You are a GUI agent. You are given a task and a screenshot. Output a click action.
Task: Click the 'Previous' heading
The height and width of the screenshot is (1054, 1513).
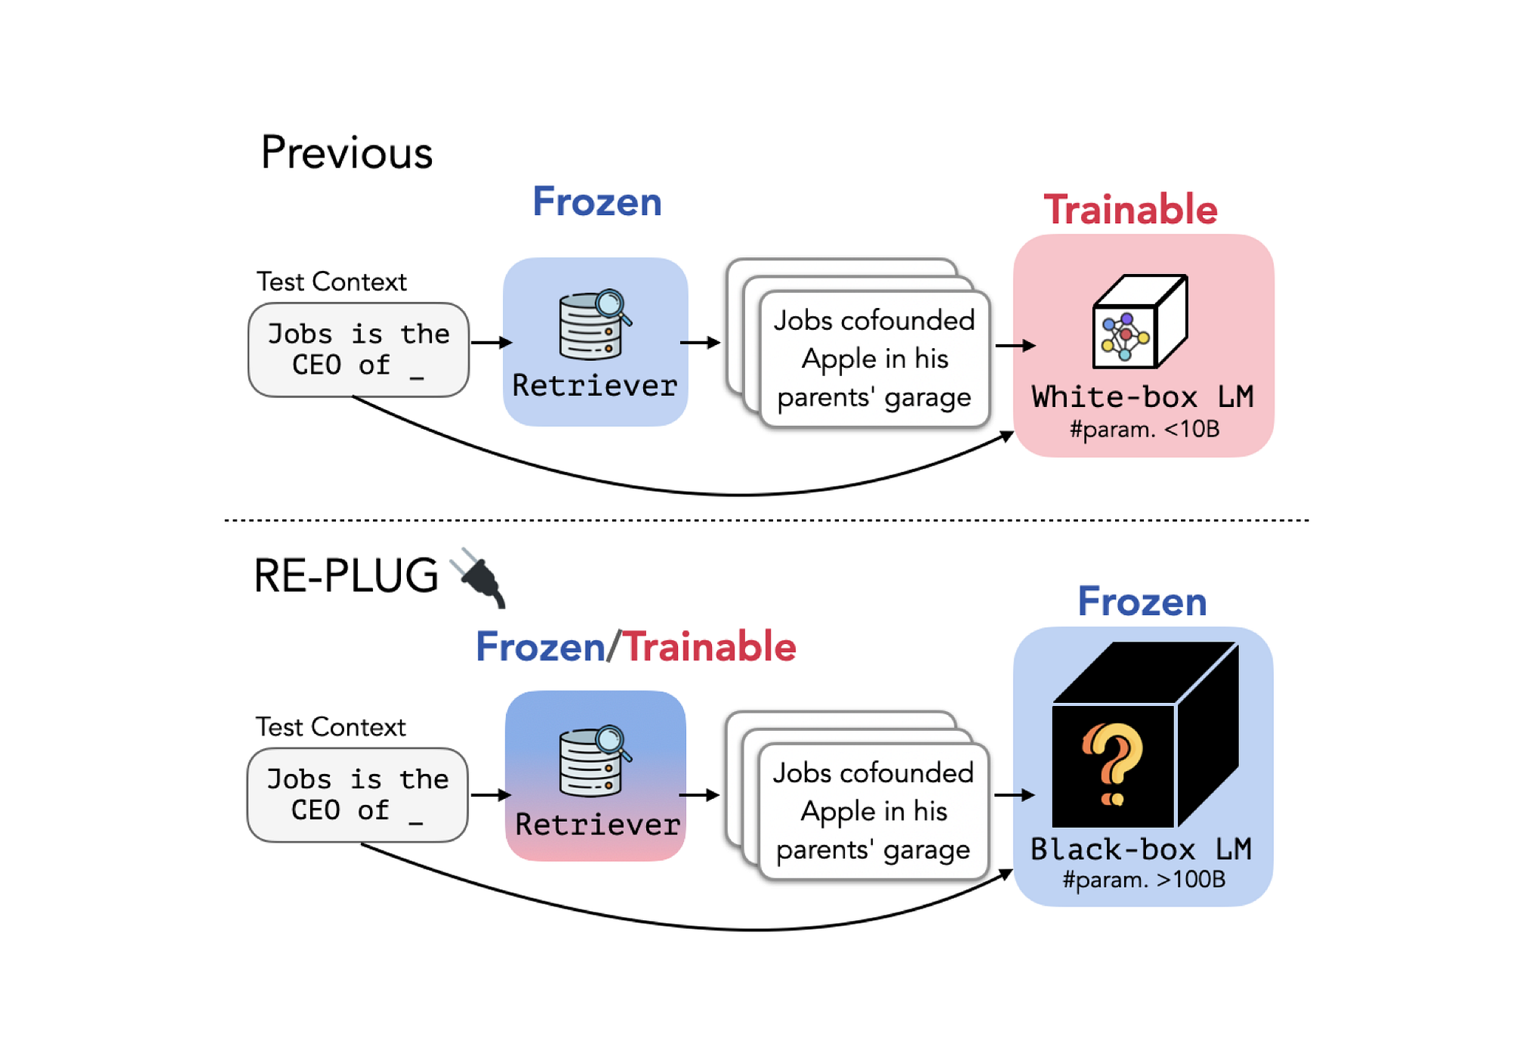pyautogui.click(x=346, y=153)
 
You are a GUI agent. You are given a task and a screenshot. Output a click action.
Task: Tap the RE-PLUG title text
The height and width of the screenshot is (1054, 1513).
pyautogui.click(x=346, y=576)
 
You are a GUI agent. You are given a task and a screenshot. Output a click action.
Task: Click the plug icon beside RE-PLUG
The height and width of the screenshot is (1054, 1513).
pyautogui.click(x=480, y=578)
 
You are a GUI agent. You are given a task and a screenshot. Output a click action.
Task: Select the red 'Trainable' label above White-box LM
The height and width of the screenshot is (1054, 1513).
pyautogui.click(x=1130, y=210)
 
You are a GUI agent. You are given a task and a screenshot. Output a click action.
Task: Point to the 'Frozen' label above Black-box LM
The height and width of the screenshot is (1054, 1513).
pyautogui.click(x=1142, y=602)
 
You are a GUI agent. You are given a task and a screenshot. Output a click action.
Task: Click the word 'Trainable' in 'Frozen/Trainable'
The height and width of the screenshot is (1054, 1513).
pyautogui.click(x=710, y=647)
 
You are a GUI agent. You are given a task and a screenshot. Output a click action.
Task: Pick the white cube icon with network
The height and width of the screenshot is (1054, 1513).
pyautogui.click(x=1139, y=322)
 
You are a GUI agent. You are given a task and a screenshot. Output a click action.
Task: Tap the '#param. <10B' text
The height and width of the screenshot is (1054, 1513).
pyautogui.click(x=1144, y=430)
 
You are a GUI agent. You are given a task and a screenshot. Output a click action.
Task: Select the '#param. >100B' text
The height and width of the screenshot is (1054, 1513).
pyautogui.click(x=1143, y=879)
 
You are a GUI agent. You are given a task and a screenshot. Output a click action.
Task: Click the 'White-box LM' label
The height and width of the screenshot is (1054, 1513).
pyautogui.click(x=1142, y=396)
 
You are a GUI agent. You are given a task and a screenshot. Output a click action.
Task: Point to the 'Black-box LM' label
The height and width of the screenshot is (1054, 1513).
pyautogui.click(x=1141, y=849)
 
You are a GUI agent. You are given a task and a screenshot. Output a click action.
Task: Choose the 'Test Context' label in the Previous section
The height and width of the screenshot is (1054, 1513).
pyautogui.click(x=331, y=282)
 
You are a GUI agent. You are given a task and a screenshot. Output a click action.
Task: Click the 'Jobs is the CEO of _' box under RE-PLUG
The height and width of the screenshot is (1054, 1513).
pyautogui.click(x=357, y=794)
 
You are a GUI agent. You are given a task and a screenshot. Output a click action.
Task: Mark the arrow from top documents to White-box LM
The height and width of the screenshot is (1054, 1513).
pyautogui.click(x=1014, y=346)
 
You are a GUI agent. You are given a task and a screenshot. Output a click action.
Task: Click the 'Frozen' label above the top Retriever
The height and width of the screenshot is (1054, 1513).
pyautogui.click(x=597, y=202)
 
